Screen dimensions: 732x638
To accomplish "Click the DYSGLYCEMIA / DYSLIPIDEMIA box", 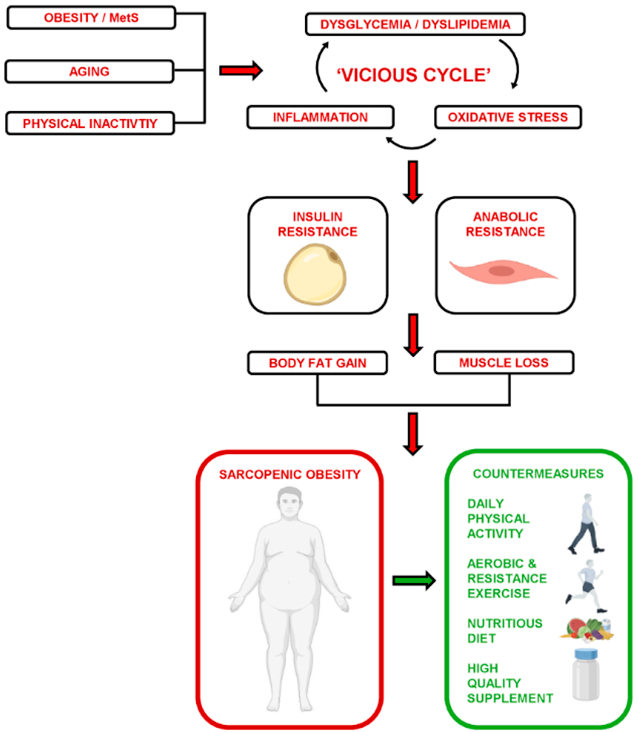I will pos(415,24).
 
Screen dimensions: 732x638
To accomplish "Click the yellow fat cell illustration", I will pos(315,274).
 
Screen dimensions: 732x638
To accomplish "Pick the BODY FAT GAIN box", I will pos(317,363).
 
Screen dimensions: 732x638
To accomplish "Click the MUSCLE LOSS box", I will pos(504,363).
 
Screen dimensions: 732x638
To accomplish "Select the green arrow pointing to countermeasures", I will pos(414,581).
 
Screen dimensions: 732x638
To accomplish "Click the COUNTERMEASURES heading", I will pos(538,474).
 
